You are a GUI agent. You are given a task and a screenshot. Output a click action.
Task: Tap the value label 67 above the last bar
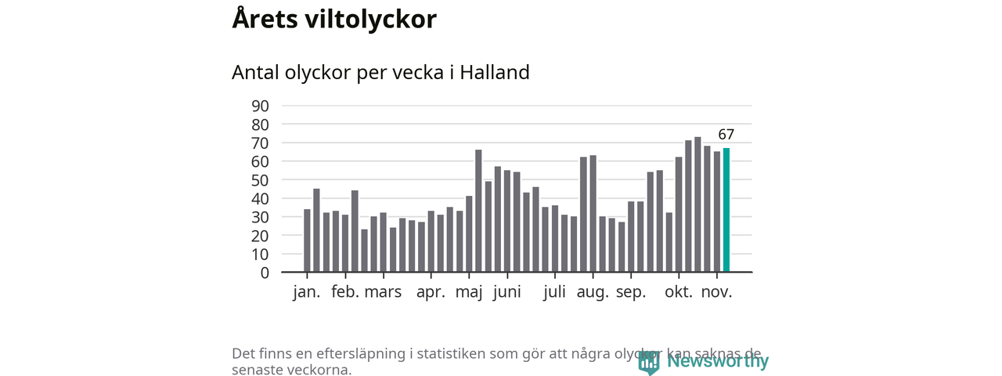(x=726, y=134)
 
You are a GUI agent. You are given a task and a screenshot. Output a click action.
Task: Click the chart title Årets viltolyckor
(x=334, y=19)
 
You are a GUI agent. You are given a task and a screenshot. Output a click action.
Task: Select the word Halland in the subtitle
(x=495, y=72)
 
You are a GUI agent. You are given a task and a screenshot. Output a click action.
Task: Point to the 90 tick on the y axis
(x=261, y=106)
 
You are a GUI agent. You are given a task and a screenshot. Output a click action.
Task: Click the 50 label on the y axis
(x=261, y=179)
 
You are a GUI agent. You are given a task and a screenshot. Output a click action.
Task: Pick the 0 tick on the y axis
(x=265, y=273)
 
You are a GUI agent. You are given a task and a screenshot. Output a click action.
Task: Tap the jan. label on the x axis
(x=307, y=292)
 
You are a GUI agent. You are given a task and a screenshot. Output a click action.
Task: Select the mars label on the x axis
(x=383, y=292)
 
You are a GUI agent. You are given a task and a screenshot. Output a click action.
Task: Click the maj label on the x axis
(x=469, y=294)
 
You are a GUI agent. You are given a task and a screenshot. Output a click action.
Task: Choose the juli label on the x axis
(x=554, y=292)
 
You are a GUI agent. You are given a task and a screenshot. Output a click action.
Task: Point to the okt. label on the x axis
(x=679, y=292)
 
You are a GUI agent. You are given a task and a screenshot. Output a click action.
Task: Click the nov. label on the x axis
(x=716, y=292)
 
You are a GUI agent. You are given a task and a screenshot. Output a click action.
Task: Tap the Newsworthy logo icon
(x=649, y=362)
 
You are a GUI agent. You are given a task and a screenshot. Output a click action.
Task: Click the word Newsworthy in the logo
(x=718, y=361)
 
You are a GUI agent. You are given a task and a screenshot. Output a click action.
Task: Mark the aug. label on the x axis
(x=593, y=294)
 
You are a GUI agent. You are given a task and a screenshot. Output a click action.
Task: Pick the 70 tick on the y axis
(x=261, y=143)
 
